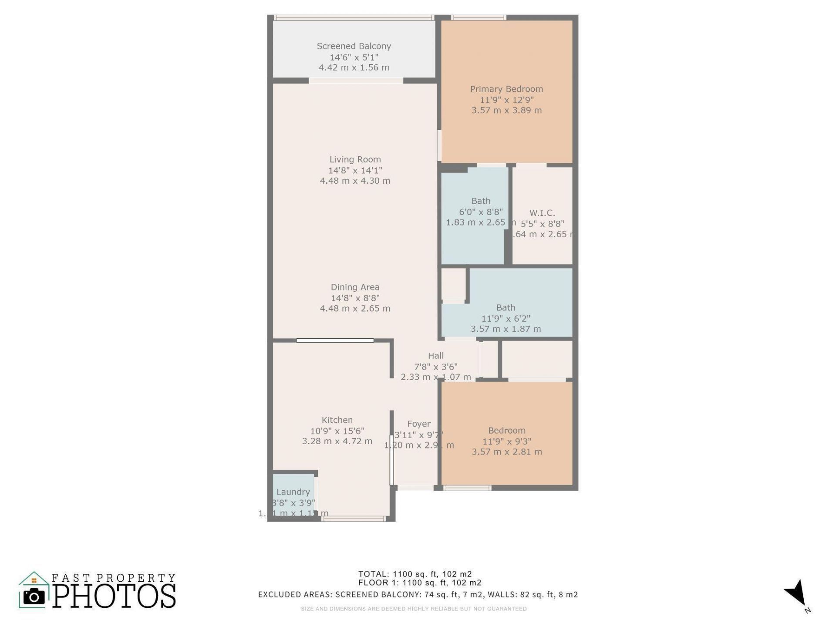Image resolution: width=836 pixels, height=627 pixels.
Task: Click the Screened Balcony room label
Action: click(354, 46)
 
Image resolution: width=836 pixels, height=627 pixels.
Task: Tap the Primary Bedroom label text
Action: click(506, 89)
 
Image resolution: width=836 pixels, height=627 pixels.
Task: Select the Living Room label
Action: click(355, 159)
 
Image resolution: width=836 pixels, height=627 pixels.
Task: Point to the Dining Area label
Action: click(355, 287)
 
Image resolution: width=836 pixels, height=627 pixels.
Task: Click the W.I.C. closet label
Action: click(542, 213)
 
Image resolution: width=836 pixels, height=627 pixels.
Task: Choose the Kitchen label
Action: click(337, 420)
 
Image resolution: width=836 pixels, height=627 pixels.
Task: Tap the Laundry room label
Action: click(293, 492)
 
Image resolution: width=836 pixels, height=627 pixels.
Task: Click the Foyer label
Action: click(419, 424)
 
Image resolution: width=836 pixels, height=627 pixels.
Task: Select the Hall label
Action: click(435, 355)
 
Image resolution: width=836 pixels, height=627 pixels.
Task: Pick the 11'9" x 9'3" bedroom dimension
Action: click(506, 441)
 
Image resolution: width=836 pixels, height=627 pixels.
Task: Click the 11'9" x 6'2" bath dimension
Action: click(506, 318)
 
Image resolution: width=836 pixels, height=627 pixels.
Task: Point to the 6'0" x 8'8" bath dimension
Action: click(481, 212)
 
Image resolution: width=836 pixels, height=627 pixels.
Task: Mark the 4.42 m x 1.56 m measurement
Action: click(354, 67)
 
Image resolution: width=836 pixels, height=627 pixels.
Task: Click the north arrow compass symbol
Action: click(796, 593)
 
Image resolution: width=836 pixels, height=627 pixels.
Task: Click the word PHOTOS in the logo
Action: click(115, 596)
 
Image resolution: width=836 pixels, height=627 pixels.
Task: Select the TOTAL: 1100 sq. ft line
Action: click(415, 574)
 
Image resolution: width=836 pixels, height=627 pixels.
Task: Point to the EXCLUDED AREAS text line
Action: click(418, 594)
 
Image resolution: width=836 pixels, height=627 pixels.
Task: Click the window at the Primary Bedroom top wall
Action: click(478, 18)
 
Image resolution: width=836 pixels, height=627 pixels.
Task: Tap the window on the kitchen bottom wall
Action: click(354, 519)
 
